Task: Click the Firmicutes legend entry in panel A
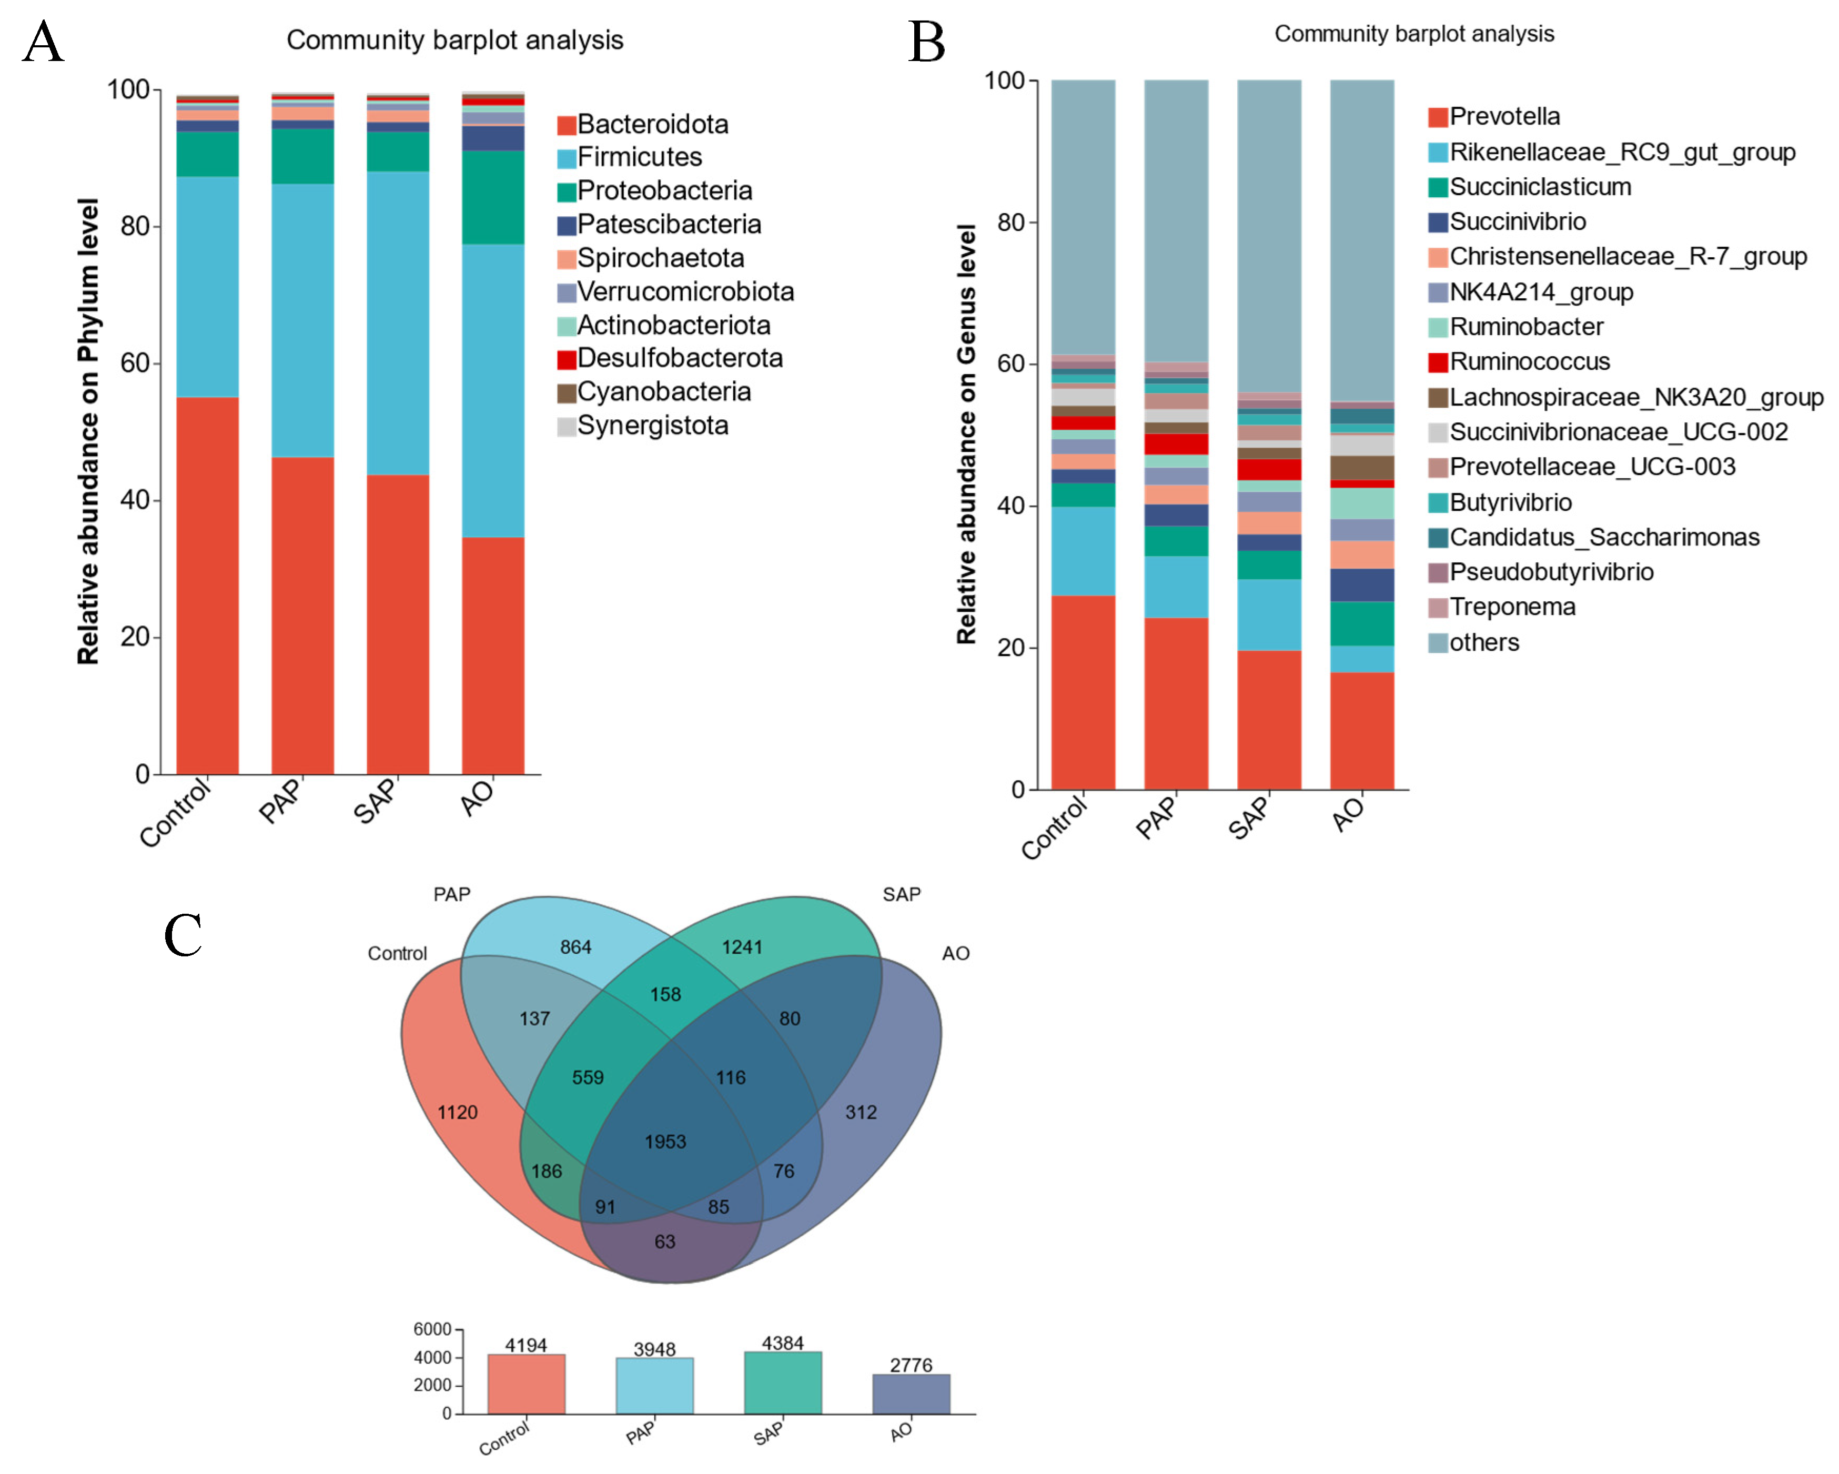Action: [x=639, y=157]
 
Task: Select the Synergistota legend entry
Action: [x=652, y=425]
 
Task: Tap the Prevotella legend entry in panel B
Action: [x=1504, y=116]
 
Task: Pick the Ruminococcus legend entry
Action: [x=1529, y=362]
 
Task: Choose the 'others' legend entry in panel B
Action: [x=1483, y=642]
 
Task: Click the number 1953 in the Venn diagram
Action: [x=665, y=1142]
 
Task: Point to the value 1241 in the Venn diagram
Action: [x=742, y=947]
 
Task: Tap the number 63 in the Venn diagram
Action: [x=665, y=1241]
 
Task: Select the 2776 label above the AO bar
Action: [x=911, y=1365]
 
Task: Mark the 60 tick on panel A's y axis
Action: [x=135, y=364]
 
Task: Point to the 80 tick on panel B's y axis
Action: [x=1011, y=223]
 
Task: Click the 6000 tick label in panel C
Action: [x=432, y=1329]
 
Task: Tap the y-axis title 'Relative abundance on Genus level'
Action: [x=966, y=434]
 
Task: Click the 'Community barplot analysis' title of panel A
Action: [x=454, y=40]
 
